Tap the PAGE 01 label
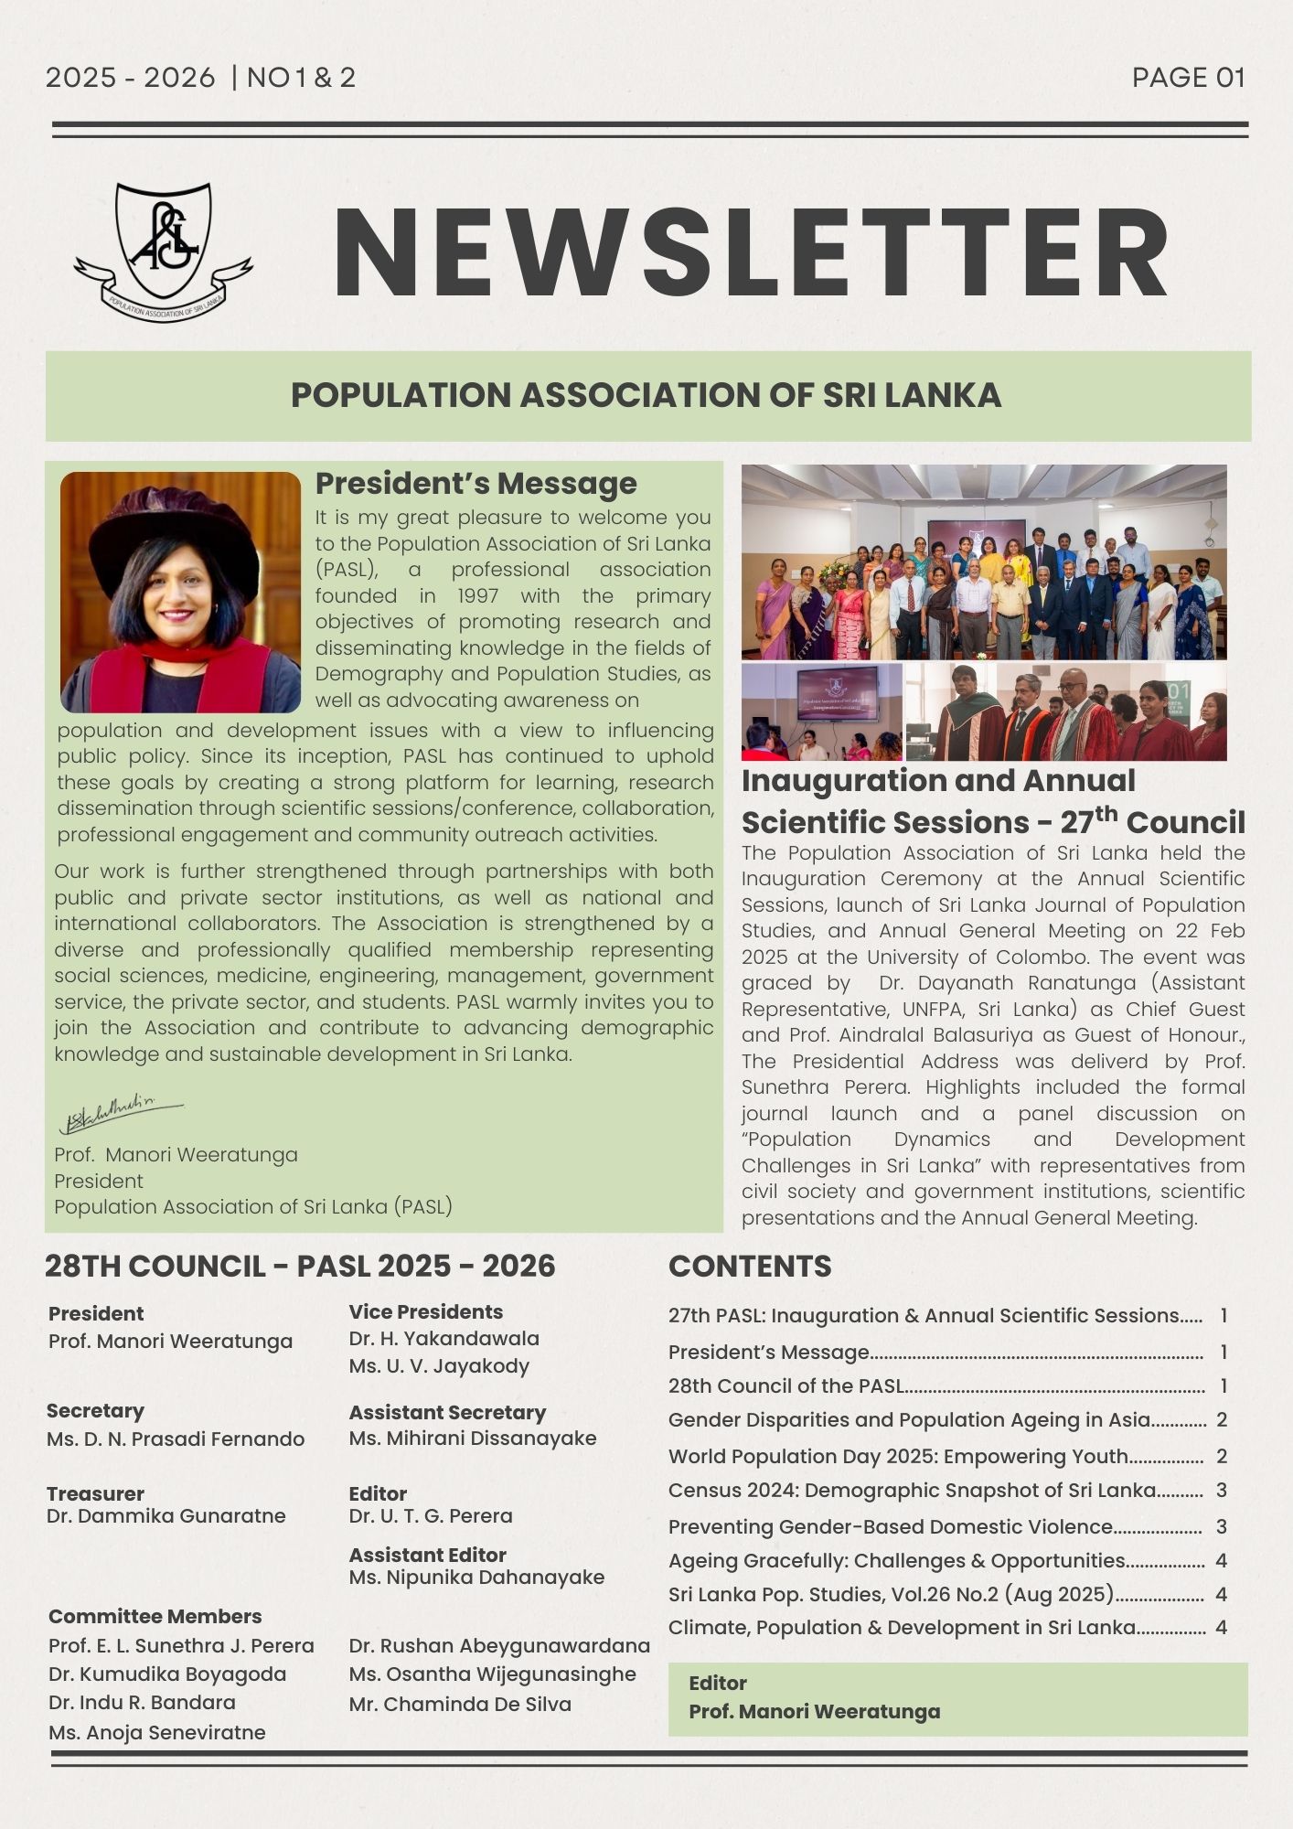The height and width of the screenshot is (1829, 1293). click(x=1188, y=78)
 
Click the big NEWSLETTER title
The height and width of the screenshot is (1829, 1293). click(x=750, y=253)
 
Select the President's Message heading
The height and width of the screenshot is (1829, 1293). click(x=476, y=483)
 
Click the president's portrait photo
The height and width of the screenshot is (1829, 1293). click(x=180, y=592)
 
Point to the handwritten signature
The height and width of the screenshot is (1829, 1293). click(x=120, y=1115)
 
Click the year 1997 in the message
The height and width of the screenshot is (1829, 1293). click(x=477, y=596)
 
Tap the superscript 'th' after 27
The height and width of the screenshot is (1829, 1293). click(x=1106, y=812)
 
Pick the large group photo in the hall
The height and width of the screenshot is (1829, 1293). click(x=983, y=562)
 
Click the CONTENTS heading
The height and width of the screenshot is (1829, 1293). click(x=750, y=1266)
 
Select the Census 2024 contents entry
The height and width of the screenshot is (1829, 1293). click(x=912, y=1490)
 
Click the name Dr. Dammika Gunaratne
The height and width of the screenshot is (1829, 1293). click(x=166, y=1515)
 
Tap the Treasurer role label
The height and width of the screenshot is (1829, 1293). click(x=95, y=1493)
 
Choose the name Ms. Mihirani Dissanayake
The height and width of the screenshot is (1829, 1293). click(x=472, y=1438)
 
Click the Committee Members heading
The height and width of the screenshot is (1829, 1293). click(x=155, y=1616)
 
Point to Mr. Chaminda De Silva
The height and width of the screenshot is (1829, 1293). click(x=459, y=1704)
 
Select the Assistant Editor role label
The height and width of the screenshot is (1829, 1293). click(x=427, y=1555)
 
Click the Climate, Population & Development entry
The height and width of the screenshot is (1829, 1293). click(x=902, y=1627)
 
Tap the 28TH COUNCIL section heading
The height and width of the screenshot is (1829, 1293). click(x=300, y=1266)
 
